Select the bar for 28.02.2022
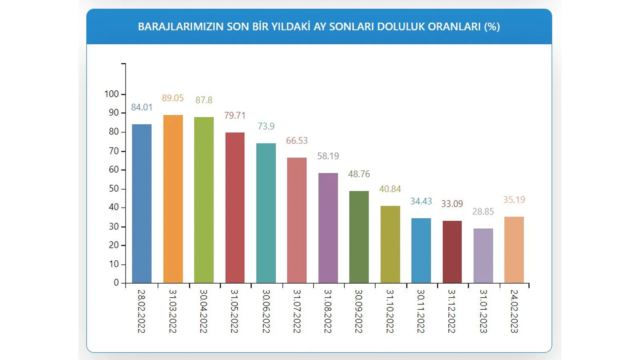pyautogui.click(x=142, y=204)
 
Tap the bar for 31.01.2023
pyautogui.click(x=483, y=256)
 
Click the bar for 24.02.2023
pyautogui.click(x=514, y=250)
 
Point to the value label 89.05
pyautogui.click(x=173, y=98)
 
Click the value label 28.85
pyautogui.click(x=483, y=212)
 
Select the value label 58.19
pyautogui.click(x=328, y=156)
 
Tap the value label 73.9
pyautogui.click(x=266, y=126)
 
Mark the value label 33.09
pyautogui.click(x=452, y=204)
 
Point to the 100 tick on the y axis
pyautogui.click(x=112, y=94)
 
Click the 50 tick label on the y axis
pyautogui.click(x=114, y=188)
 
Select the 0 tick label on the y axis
pyautogui.click(x=116, y=282)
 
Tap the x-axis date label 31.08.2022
pyautogui.click(x=328, y=311)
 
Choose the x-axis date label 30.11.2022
pyautogui.click(x=421, y=311)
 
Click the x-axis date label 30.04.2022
pyautogui.click(x=204, y=311)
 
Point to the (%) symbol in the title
pyautogui.click(x=492, y=27)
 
